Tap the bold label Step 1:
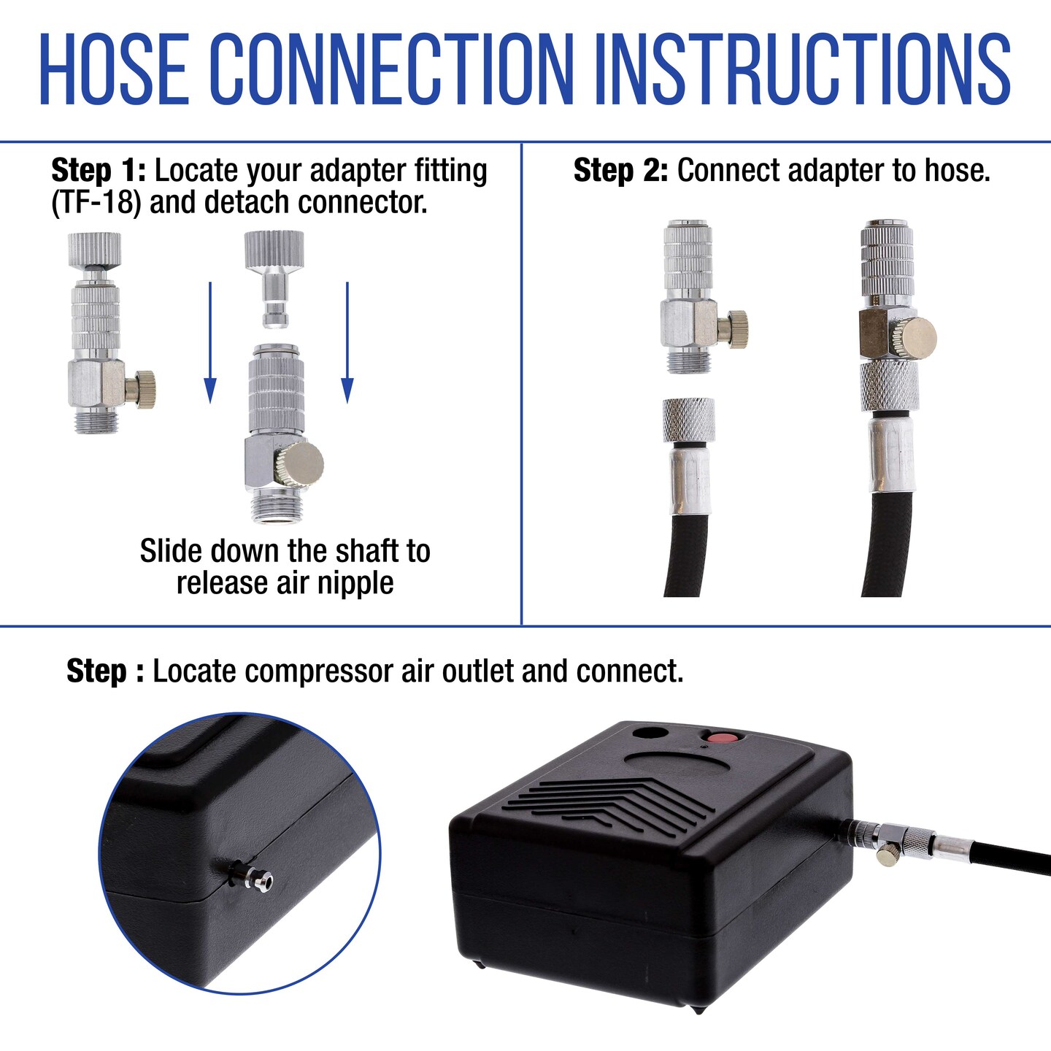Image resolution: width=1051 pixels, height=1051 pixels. point(99,171)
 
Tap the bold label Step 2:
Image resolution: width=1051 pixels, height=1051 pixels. point(620,171)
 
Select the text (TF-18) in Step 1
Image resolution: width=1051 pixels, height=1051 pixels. point(96,203)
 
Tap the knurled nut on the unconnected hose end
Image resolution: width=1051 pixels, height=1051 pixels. point(688,420)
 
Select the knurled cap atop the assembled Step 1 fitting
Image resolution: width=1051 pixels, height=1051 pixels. point(94,249)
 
